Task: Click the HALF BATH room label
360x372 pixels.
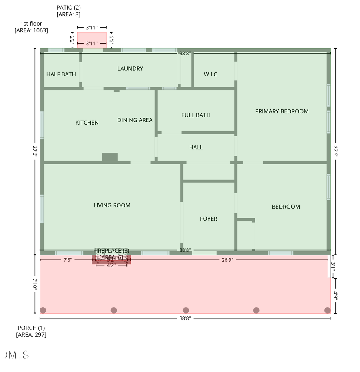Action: tap(61, 74)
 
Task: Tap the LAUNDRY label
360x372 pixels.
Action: tap(130, 68)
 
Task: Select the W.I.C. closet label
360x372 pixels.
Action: tap(211, 74)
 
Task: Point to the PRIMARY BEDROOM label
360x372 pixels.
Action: tap(282, 111)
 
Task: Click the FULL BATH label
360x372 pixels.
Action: tap(196, 115)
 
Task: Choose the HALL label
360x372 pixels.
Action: tap(196, 147)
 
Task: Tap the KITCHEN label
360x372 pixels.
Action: tap(87, 123)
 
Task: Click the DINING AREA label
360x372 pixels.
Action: tap(135, 120)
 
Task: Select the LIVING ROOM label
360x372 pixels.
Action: tap(112, 205)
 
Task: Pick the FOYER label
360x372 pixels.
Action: tap(208, 219)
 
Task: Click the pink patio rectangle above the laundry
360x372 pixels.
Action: tap(92, 40)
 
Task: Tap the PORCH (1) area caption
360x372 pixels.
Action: tap(31, 331)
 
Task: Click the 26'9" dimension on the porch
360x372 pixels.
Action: tap(227, 260)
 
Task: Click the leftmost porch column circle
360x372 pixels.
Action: tap(43, 310)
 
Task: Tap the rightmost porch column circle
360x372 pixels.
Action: tap(327, 310)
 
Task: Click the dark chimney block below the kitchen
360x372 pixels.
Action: tap(110, 157)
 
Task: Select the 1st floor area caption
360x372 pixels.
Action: tap(31, 27)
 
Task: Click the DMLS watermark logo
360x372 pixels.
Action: tap(15, 354)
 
